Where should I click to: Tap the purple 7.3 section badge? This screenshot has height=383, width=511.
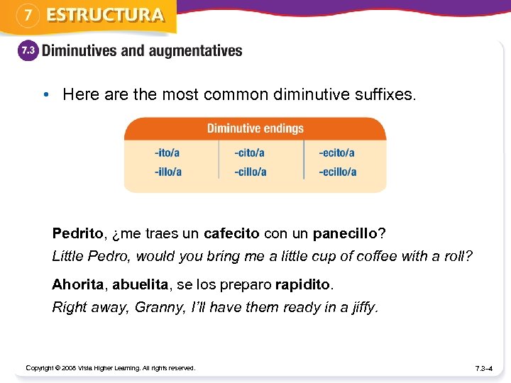coord(28,52)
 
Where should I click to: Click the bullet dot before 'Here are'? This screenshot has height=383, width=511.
coord(45,94)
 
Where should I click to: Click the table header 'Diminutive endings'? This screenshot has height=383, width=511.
coord(255,128)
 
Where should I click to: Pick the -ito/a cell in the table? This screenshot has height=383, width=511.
coord(167,152)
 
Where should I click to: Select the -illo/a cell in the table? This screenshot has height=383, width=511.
coord(168,172)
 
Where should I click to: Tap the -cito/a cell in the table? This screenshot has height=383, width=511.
coord(250,152)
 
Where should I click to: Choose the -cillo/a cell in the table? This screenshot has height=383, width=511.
coord(251,172)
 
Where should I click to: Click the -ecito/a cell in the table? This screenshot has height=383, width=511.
coord(336,152)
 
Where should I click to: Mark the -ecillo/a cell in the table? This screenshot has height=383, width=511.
coord(338,172)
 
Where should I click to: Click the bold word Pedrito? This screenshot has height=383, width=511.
coord(77,233)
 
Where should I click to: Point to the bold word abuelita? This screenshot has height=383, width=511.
coord(140,284)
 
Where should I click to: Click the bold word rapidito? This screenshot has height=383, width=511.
coord(302,284)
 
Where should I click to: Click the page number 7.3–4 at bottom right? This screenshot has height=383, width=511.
coord(485,368)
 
